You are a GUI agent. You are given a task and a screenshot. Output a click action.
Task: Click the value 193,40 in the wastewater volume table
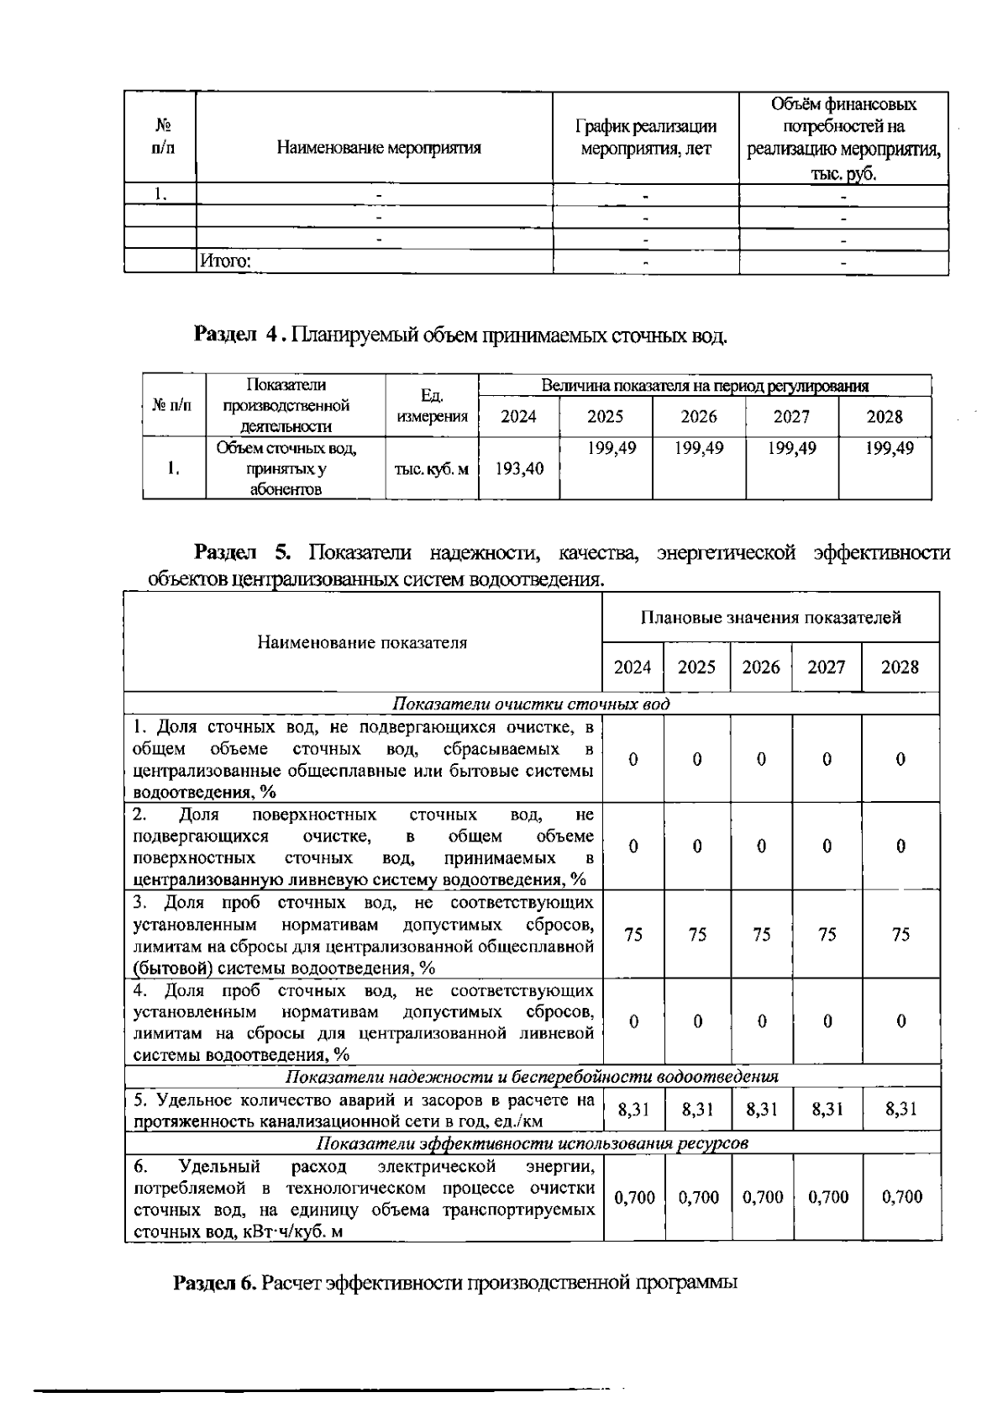coord(518,469)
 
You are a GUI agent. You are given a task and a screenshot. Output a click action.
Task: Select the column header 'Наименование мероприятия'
coord(379,149)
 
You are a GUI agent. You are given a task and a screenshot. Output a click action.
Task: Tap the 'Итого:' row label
coord(224,261)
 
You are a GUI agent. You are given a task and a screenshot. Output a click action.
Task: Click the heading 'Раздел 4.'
coord(241,335)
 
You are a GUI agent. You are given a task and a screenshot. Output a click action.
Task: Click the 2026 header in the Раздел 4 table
coord(698,417)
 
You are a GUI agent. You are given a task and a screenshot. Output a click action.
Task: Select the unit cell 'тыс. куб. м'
coord(431,469)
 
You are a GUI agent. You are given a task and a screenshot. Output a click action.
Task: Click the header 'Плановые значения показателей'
coord(770,618)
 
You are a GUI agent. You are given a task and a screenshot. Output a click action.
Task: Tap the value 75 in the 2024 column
coord(633,935)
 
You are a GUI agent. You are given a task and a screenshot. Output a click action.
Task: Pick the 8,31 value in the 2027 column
coord(827,1110)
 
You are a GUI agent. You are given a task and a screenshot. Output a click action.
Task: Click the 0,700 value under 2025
coord(698,1197)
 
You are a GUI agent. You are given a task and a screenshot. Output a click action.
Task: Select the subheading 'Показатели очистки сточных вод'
coord(531,704)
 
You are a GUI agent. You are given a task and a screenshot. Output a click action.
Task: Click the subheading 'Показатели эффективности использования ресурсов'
coord(531,1143)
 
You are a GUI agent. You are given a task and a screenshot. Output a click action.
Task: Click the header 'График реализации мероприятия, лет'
coord(645,138)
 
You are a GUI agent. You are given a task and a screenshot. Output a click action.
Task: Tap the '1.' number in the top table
coord(160,194)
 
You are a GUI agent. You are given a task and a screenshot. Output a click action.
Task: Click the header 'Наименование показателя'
coord(362,643)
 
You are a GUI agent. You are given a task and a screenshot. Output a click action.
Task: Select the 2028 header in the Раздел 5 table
coord(900,667)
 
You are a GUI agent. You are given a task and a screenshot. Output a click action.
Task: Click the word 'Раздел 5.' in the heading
coord(243,552)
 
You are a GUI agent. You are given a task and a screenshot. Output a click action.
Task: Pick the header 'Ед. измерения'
coord(431,406)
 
